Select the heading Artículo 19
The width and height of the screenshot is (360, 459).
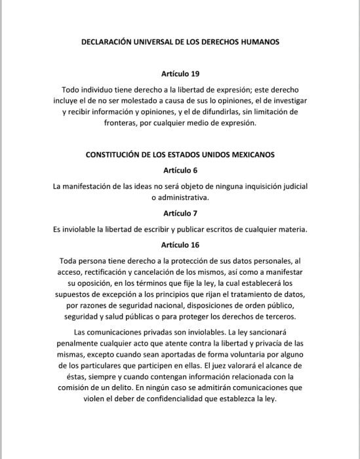[180, 73]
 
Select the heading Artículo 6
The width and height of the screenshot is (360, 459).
[180, 170]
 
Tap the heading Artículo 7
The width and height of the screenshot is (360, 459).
[180, 213]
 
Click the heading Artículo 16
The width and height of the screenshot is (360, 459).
[180, 245]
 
